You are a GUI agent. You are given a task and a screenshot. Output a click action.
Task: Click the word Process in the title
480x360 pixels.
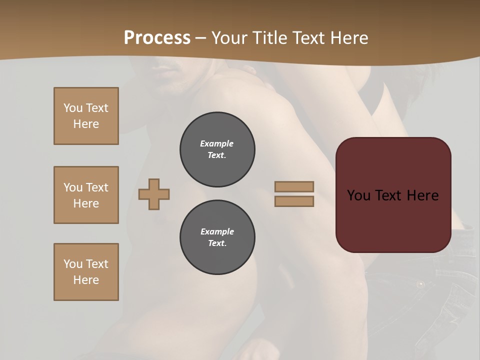pyautogui.click(x=157, y=38)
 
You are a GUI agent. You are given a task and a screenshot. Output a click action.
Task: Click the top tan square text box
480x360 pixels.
pyautogui.click(x=86, y=116)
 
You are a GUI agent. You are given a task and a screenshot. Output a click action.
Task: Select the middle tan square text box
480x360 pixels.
pyautogui.click(x=86, y=195)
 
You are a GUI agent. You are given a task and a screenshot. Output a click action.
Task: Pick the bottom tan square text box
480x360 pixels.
pyautogui.click(x=86, y=272)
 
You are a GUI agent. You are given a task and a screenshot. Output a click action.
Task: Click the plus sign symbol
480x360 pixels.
pyautogui.click(x=154, y=194)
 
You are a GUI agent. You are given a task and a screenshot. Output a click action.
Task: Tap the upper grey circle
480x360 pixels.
pyautogui.click(x=217, y=149)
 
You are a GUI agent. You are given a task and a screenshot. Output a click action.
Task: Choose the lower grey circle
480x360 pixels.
pyautogui.click(x=217, y=237)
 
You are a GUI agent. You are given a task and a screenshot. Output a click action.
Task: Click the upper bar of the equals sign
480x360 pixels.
pyautogui.click(x=294, y=186)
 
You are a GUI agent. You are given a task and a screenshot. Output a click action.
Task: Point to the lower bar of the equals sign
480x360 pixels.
pyautogui.click(x=294, y=201)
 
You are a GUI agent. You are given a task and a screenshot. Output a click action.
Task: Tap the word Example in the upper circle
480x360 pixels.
pyautogui.click(x=217, y=143)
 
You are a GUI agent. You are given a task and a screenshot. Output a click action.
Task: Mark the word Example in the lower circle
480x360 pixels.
pyautogui.click(x=217, y=231)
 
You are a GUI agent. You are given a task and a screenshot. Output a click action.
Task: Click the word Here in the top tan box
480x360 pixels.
pyautogui.click(x=86, y=124)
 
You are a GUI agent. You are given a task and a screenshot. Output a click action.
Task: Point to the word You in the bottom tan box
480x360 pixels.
pyautogui.click(x=73, y=264)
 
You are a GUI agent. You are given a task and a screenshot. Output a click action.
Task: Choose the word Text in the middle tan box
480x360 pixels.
pyautogui.click(x=96, y=187)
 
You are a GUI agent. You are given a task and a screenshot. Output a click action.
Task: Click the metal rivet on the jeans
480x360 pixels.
pyautogui.click(x=420, y=284)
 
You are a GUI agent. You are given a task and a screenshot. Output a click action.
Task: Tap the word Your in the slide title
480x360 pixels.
pyautogui.click(x=228, y=38)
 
